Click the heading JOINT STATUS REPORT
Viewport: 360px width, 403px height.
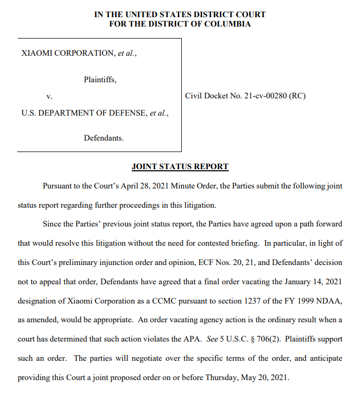[180, 167]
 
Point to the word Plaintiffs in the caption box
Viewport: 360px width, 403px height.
[100, 80]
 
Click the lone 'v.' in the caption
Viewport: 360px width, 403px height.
[49, 97]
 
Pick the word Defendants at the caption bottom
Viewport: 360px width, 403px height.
[103, 138]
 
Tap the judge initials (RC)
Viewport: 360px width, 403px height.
[297, 97]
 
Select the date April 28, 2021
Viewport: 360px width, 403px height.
[145, 186]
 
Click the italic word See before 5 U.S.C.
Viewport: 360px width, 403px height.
[213, 339]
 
